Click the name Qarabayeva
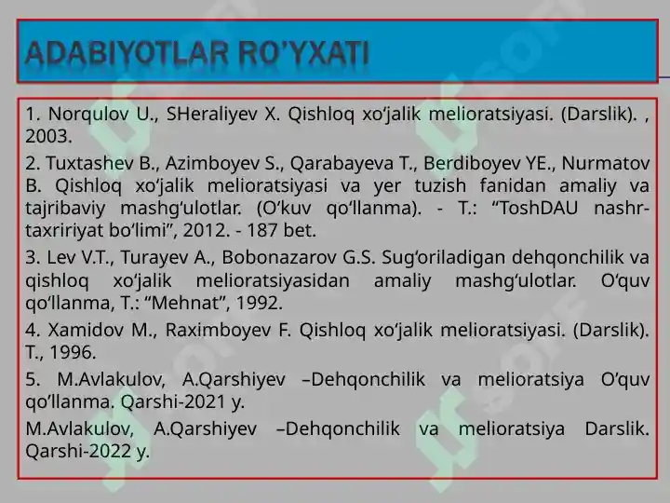tap(328, 164)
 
